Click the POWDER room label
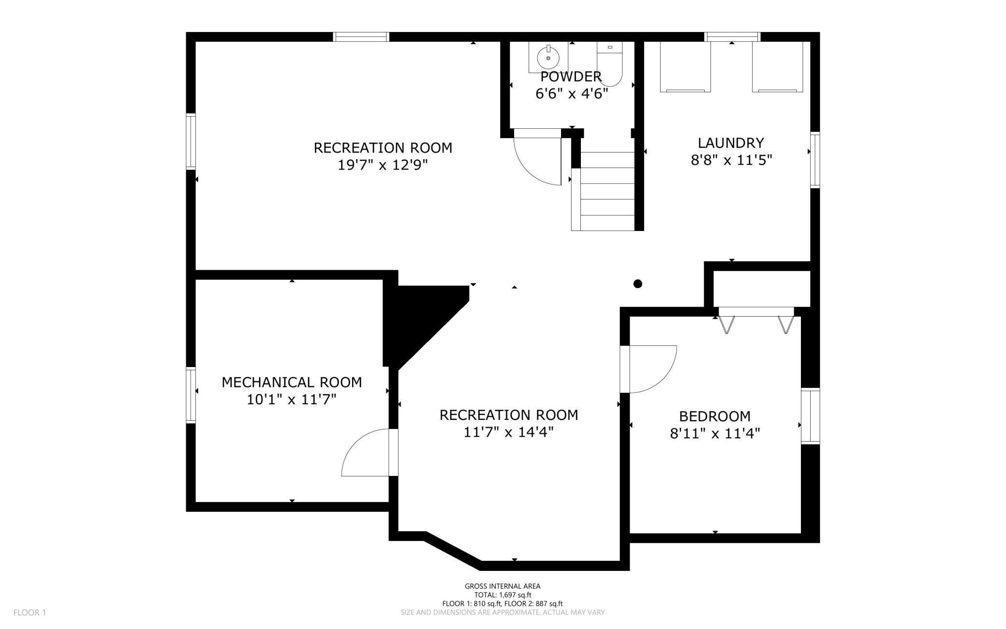[571, 77]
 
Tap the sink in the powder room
[548, 57]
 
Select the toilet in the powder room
[609, 65]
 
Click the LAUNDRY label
[730, 143]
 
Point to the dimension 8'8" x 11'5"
[731, 160]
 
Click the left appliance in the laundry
[685, 66]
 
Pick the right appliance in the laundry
[777, 66]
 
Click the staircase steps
[607, 191]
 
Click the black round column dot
[637, 284]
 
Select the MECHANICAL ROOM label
[292, 382]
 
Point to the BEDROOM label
[714, 416]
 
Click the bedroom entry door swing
[651, 368]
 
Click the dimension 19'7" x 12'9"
[383, 165]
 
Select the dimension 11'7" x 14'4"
[508, 432]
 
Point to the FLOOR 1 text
[30, 613]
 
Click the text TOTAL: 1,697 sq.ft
[503, 595]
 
